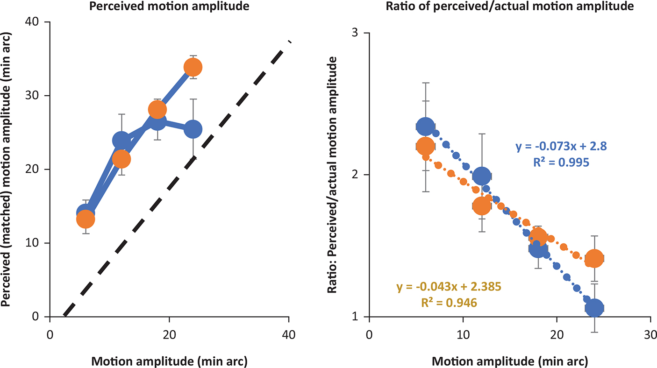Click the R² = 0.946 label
click(449, 302)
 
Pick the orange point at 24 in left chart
click(193, 67)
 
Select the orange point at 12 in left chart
click(121, 159)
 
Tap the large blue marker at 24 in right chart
click(594, 308)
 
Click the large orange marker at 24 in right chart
click(594, 258)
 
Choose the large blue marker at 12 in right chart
click(482, 176)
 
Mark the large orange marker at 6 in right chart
click(425, 146)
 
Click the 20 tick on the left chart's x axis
click(169, 335)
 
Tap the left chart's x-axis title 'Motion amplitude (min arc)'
click(169, 361)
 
